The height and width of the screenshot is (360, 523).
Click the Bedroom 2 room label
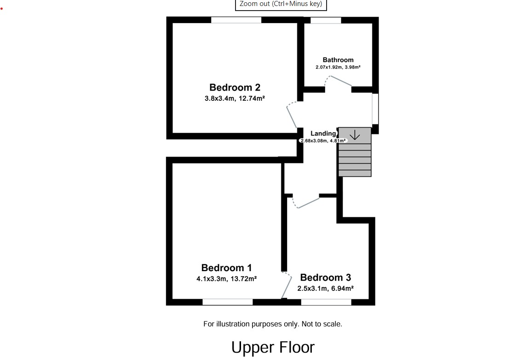235,87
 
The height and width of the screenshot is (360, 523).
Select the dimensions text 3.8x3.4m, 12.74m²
235,98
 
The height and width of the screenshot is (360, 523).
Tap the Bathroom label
338,60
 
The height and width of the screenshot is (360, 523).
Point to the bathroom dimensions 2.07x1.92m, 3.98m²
338,67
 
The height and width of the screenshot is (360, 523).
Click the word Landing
323,133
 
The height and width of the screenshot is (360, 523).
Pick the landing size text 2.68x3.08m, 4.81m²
322,140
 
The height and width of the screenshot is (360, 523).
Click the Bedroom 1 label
226,267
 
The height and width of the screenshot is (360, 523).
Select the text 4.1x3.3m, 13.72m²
226,279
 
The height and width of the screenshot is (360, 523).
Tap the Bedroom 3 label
325,277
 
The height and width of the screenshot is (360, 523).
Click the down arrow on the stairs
355,135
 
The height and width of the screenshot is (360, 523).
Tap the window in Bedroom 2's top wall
236,20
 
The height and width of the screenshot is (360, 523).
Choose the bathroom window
326,20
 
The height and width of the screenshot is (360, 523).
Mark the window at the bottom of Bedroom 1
228,302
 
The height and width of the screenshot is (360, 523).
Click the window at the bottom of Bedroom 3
326,302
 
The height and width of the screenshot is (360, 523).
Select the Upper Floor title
273,347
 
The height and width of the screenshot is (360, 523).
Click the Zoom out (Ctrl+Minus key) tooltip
281,4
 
